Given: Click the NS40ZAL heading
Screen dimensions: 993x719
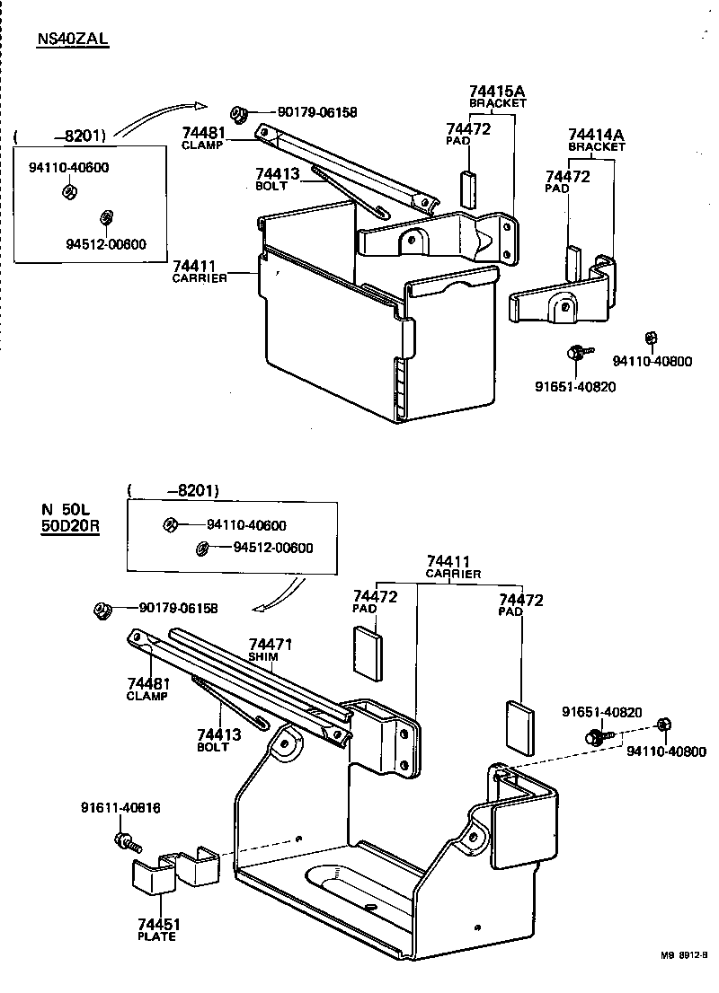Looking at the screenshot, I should click(x=72, y=40).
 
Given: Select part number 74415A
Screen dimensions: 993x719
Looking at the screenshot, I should click(x=497, y=92).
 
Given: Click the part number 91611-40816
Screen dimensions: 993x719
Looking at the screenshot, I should click(x=120, y=808).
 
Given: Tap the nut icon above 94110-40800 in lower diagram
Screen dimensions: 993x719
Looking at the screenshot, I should click(x=663, y=724).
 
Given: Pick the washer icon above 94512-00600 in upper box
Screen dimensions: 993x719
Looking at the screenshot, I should click(x=106, y=216).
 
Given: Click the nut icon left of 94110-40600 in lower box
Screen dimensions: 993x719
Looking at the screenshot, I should click(x=169, y=524).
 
